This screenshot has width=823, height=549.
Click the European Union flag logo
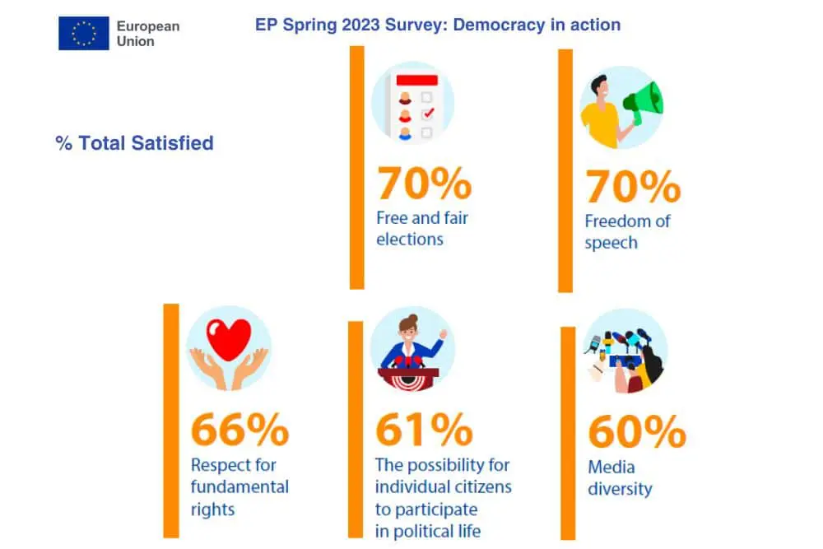tap(83, 33)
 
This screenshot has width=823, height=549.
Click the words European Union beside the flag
tap(147, 33)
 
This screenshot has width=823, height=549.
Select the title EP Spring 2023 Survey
tap(438, 25)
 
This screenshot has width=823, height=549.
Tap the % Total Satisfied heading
tap(134, 143)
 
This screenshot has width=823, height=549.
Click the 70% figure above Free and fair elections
tap(424, 185)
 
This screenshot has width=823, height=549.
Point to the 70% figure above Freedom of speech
tap(633, 188)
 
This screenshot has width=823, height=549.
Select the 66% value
tap(239, 430)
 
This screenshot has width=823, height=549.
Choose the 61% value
tap(424, 430)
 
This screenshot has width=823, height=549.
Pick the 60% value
tap(636, 432)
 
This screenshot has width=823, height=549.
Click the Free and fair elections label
tap(422, 229)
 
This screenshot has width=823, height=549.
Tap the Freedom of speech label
tap(627, 232)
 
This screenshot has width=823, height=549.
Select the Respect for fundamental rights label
tap(239, 487)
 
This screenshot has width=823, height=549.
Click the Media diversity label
tap(619, 478)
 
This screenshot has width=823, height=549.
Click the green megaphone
tap(644, 102)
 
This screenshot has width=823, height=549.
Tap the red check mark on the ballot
tap(427, 114)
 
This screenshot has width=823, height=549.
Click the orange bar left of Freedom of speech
tap(565, 170)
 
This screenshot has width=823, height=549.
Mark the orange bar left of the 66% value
tap(170, 420)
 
